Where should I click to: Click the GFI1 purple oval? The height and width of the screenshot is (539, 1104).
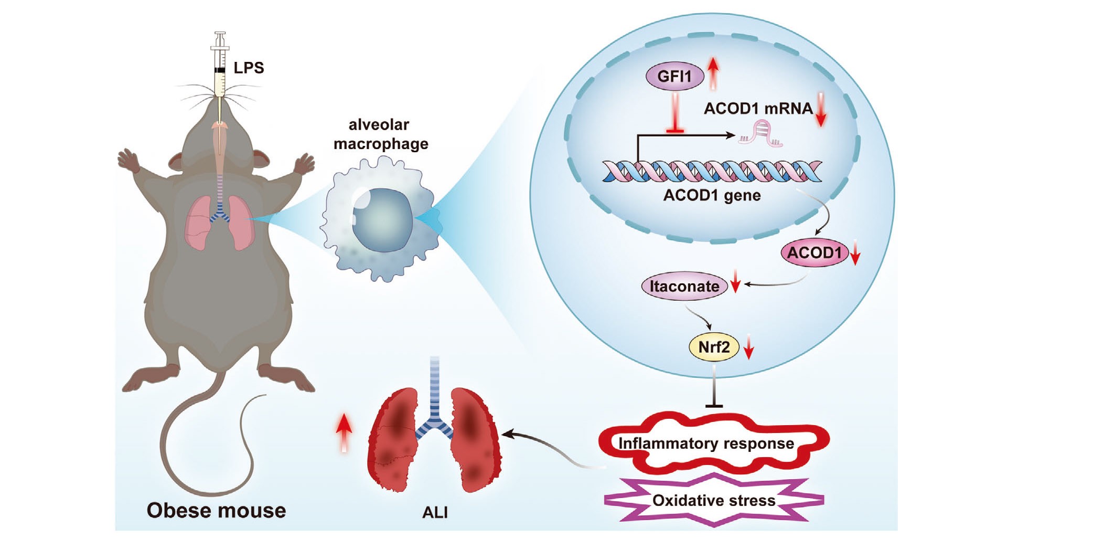click(674, 77)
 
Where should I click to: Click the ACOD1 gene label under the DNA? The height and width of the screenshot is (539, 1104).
click(712, 195)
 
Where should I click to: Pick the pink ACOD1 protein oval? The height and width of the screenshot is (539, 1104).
click(814, 253)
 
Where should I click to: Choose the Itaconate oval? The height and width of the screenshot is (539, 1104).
click(684, 287)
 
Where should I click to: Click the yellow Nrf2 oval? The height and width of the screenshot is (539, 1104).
click(714, 347)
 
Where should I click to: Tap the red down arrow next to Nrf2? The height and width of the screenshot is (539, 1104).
click(749, 347)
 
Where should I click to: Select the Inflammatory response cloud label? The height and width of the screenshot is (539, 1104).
click(706, 443)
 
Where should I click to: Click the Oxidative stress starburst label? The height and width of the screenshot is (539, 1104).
click(713, 500)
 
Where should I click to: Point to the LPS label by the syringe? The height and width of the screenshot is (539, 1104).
click(249, 68)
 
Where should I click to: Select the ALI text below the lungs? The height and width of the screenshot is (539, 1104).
click(435, 512)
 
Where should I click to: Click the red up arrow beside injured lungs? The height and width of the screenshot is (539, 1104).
click(344, 432)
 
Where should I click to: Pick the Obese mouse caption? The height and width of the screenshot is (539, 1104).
click(216, 510)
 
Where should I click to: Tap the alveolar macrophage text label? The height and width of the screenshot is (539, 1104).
click(380, 134)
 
